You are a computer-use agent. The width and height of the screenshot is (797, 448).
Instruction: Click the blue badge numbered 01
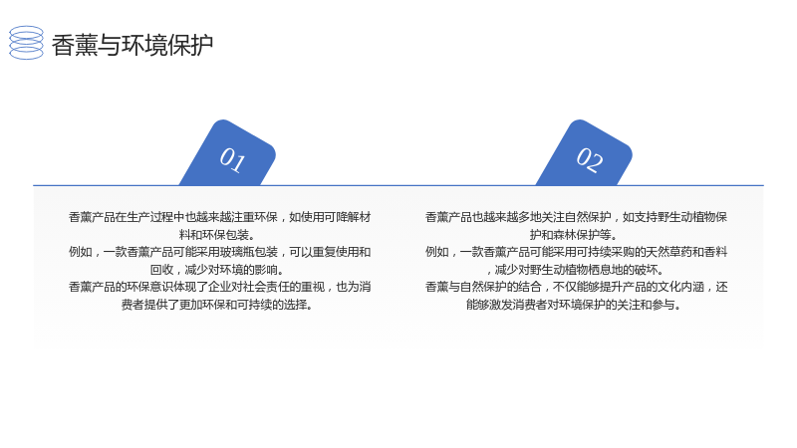(x=228, y=154)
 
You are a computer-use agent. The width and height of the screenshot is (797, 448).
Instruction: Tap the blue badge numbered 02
(x=585, y=154)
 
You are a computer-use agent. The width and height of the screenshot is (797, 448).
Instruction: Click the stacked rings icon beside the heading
(x=27, y=43)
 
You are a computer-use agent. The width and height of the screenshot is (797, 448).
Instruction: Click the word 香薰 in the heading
(x=74, y=45)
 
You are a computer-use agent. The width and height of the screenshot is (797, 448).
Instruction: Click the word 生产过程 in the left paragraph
(x=150, y=217)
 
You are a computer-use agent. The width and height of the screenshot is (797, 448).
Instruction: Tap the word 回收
(x=161, y=270)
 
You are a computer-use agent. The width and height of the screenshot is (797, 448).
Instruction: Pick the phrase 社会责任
(x=266, y=287)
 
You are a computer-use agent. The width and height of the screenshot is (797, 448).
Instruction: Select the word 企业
(x=219, y=287)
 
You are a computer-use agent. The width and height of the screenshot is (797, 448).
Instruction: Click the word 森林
(x=565, y=235)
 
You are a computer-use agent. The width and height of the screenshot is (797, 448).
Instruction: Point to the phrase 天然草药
(x=668, y=252)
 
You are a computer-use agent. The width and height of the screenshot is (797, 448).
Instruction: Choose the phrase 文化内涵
(x=681, y=287)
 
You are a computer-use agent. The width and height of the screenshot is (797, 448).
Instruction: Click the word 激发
(x=501, y=305)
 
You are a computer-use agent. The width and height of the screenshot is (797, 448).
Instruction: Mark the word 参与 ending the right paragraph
(x=664, y=305)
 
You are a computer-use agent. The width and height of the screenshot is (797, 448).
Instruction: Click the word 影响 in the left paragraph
(x=266, y=270)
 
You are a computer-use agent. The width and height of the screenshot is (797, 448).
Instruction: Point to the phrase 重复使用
(x=336, y=252)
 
